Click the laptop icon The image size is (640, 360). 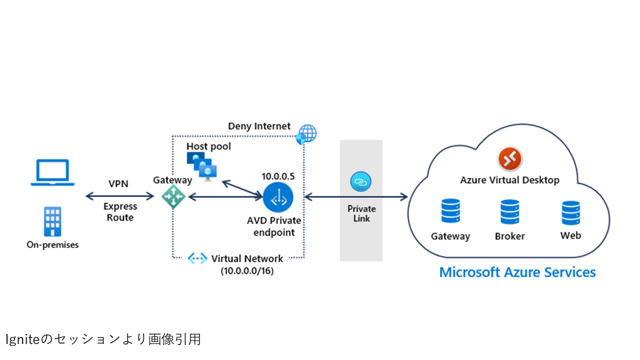coord(52,173)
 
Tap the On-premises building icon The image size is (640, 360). coord(52,221)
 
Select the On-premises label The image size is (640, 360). coord(52,245)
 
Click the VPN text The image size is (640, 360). coord(118,183)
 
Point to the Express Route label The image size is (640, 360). coord(120,212)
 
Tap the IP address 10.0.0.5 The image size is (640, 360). coord(278,176)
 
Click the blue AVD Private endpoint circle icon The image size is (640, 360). coord(277,198)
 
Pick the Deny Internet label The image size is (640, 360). coord(259,126)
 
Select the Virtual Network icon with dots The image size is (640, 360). coord(197,258)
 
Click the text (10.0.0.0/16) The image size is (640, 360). coord(247,271)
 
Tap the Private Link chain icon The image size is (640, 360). coord(361,182)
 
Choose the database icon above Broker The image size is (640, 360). coord(510,212)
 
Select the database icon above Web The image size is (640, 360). coord(570,212)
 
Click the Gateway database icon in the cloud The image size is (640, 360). coord(450,211)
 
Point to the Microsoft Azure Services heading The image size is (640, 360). coord(517,272)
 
